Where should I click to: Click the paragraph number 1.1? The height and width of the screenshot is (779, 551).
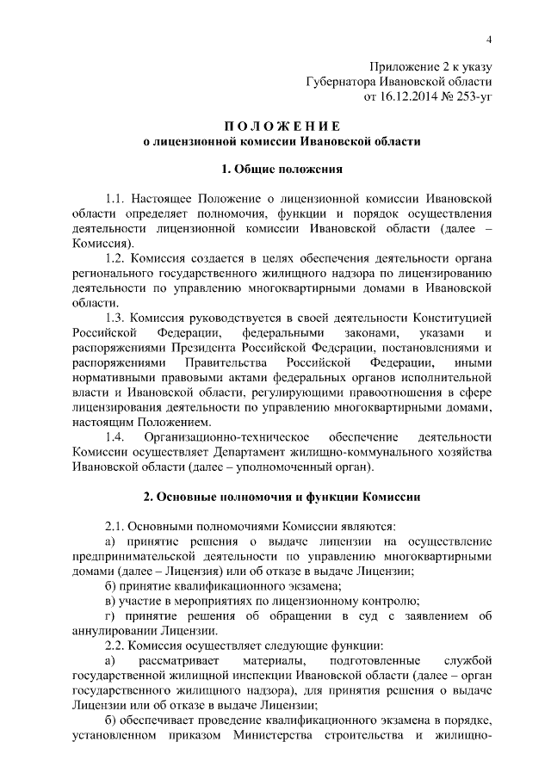tap(115, 198)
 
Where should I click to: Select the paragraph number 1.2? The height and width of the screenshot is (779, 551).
tap(115, 257)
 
